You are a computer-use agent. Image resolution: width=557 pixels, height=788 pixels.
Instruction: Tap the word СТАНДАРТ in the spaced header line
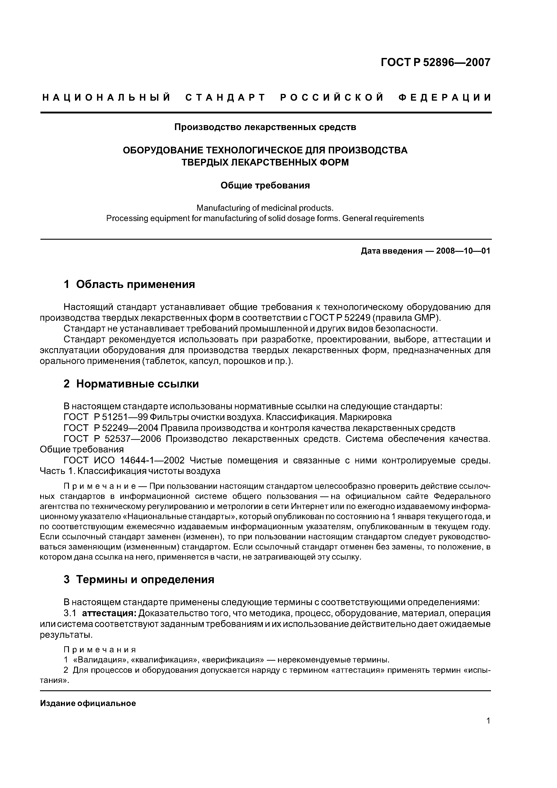[x=225, y=98]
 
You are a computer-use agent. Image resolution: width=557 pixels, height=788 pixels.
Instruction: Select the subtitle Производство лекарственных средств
[x=265, y=127]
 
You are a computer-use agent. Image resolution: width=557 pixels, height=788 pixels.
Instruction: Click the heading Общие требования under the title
[x=265, y=186]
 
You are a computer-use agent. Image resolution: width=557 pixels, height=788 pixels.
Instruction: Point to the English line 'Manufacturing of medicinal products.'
[x=265, y=208]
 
